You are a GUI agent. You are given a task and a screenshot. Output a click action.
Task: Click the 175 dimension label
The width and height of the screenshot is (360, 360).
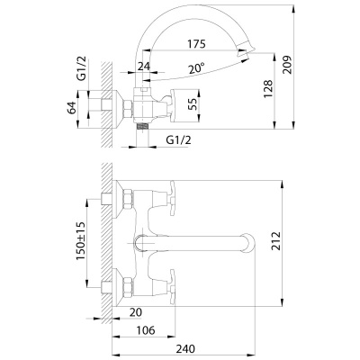tap(196, 44)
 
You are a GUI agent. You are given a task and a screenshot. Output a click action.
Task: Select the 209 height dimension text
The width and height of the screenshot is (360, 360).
tap(287, 65)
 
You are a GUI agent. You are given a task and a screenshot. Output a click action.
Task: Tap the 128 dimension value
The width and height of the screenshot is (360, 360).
tap(268, 88)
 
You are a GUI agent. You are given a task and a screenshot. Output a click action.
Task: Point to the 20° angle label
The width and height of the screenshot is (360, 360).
tap(197, 69)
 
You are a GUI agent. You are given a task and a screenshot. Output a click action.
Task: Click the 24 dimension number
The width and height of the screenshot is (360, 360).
tap(143, 66)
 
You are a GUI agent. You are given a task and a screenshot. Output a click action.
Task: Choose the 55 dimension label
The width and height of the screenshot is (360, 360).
tap(193, 104)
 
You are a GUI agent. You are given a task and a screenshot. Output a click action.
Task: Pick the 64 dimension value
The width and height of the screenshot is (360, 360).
tap(72, 108)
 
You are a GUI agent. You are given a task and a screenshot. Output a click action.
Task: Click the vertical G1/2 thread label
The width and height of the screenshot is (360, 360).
tap(81, 68)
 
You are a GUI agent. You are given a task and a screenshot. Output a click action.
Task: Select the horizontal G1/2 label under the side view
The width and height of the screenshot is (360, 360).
tap(178, 139)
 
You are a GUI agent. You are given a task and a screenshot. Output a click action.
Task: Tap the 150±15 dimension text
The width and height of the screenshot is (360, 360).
tap(81, 241)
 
